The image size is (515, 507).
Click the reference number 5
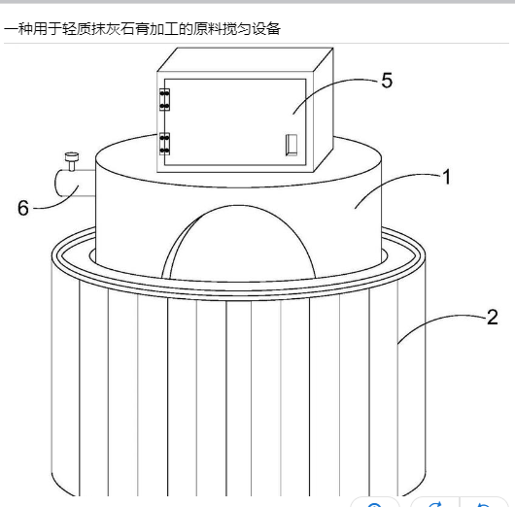(387, 80)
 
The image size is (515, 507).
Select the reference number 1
(446, 177)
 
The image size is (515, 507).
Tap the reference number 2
(492, 317)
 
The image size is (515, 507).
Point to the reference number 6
(23, 208)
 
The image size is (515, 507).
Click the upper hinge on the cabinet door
(164, 99)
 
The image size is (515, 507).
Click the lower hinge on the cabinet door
(164, 144)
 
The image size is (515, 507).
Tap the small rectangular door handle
(292, 145)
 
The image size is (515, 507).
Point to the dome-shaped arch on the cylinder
(239, 242)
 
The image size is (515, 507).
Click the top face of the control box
(245, 59)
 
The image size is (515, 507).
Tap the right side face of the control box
(324, 110)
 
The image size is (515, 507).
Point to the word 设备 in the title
(266, 29)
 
